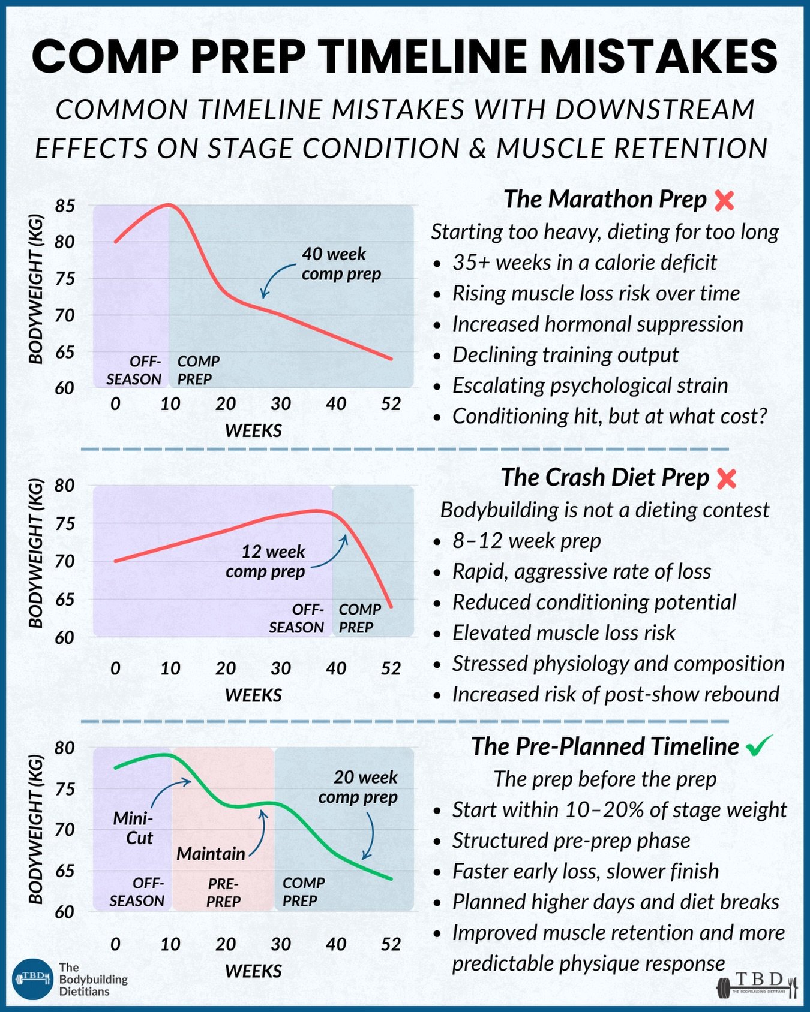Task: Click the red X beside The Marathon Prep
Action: [x=725, y=201]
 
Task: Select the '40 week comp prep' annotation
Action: [x=341, y=264]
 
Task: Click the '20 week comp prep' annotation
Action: [x=359, y=787]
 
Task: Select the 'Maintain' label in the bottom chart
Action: [x=211, y=854]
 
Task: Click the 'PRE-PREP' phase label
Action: [x=223, y=892]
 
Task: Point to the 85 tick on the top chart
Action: [x=65, y=206]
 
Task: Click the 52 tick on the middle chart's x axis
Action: [x=391, y=668]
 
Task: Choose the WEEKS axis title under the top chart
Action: [x=253, y=430]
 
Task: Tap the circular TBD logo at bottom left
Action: [x=33, y=978]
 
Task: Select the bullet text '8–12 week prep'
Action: [x=526, y=541]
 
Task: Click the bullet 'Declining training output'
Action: [x=565, y=355]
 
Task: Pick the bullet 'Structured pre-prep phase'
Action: [x=571, y=841]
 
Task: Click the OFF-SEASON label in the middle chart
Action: [x=296, y=618]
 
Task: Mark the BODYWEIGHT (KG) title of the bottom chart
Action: [x=36, y=829]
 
